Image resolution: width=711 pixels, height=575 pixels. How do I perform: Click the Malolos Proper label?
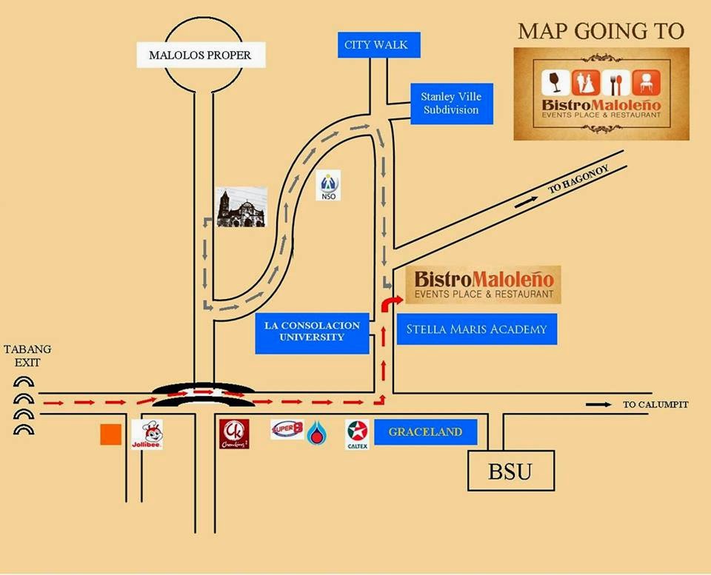200,55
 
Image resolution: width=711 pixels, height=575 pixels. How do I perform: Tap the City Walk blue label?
375,44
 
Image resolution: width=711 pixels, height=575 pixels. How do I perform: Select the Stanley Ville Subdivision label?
450,104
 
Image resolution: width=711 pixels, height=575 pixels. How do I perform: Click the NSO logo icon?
327,186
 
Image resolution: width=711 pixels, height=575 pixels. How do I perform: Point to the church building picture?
241,207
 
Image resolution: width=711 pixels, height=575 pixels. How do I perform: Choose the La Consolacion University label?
312,332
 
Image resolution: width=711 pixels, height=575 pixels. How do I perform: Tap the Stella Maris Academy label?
476,329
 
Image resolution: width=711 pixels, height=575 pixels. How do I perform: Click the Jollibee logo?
147,434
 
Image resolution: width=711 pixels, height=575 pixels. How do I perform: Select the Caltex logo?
358,434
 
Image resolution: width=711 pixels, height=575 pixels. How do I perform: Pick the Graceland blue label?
425,431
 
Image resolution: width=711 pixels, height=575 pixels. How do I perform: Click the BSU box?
510,471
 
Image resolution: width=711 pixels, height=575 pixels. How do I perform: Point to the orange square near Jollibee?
110,434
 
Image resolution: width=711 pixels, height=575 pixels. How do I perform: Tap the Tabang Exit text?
22,355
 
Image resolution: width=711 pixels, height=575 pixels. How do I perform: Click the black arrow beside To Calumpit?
598,405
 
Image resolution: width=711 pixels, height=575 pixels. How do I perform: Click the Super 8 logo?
287,429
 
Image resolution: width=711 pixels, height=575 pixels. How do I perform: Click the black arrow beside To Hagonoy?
524,201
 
